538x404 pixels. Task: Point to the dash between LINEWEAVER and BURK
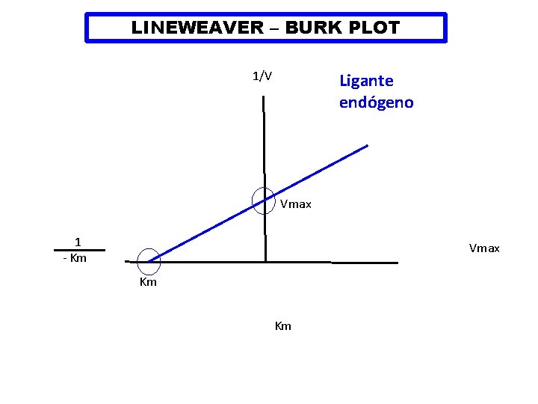[274, 29]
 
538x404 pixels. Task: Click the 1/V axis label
[262, 76]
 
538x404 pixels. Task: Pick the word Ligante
[366, 80]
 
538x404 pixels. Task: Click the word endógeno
[376, 102]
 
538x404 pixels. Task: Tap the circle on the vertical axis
[264, 200]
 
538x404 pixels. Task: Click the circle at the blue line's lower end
[149, 260]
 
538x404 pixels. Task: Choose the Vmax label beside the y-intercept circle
[296, 204]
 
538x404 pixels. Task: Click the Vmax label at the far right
[484, 248]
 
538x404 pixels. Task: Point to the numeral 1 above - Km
[78, 241]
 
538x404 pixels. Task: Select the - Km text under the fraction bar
[75, 259]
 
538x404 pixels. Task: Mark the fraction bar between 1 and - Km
[78, 250]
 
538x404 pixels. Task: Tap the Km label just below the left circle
[148, 282]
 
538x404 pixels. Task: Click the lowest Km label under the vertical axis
[283, 326]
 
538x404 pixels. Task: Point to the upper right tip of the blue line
[367, 145]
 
